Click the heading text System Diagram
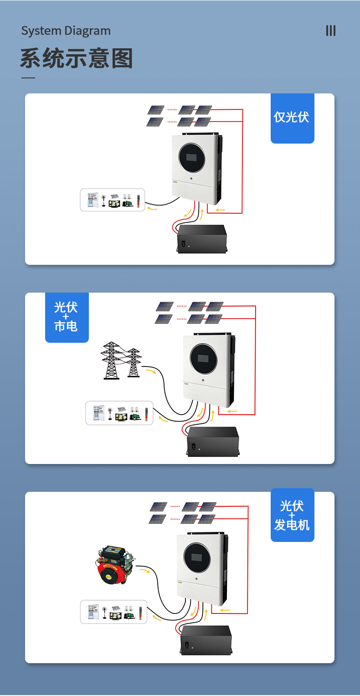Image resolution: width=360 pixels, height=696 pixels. [66, 31]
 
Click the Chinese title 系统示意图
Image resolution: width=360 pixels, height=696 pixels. [76, 59]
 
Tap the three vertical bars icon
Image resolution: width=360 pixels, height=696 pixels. [331, 31]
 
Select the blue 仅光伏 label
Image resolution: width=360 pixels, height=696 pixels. [292, 118]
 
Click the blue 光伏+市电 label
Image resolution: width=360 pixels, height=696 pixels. [67, 317]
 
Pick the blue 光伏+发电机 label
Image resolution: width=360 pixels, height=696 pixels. [292, 516]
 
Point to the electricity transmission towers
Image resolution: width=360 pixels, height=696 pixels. [121, 360]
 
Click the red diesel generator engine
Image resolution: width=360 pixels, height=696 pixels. [115, 565]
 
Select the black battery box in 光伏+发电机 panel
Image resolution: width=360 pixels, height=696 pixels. [206, 639]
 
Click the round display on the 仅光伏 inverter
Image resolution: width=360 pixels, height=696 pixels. [192, 158]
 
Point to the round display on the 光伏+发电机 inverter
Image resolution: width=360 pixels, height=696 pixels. [197, 557]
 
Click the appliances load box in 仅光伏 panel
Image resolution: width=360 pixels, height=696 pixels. [113, 200]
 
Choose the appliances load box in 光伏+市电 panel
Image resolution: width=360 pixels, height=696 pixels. [119, 412]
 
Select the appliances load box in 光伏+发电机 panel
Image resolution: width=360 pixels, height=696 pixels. [114, 612]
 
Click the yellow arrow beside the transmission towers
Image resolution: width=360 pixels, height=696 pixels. [151, 371]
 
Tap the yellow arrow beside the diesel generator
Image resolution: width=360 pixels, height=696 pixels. [144, 570]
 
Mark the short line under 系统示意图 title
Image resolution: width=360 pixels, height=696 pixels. [28, 78]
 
